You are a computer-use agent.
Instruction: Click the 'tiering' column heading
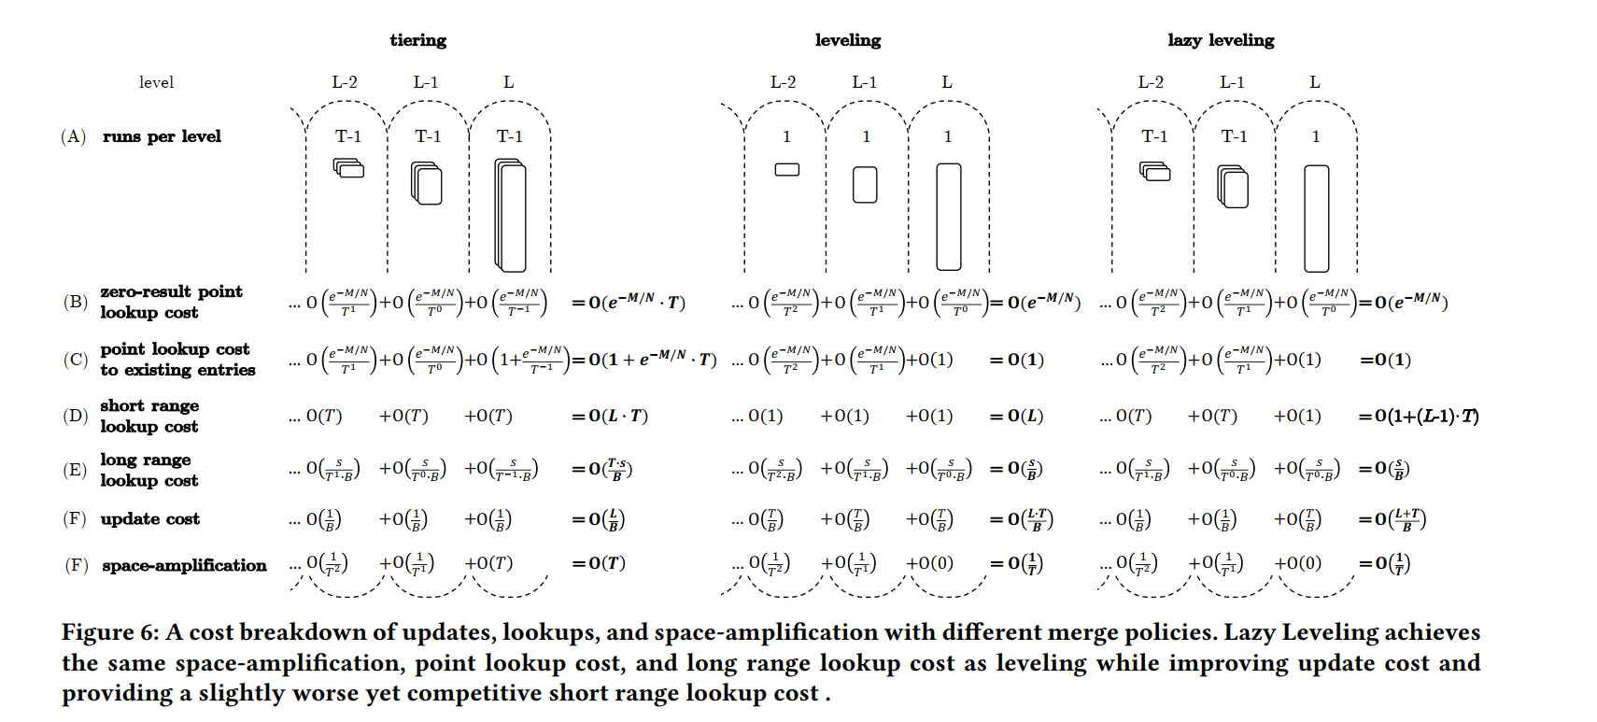[x=417, y=40]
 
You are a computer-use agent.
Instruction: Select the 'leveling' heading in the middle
[x=847, y=40]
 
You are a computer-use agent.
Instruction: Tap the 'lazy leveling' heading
[x=1220, y=40]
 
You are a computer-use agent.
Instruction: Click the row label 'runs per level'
[x=162, y=136]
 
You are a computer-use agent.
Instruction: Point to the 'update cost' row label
[x=150, y=518]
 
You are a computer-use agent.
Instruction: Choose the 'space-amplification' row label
[x=184, y=565]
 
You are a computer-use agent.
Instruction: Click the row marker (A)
[x=74, y=136]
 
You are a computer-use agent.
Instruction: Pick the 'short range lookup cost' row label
[x=149, y=416]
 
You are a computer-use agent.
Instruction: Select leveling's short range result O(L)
[x=1016, y=416]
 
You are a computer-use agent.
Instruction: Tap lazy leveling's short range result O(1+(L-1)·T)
[x=1419, y=416]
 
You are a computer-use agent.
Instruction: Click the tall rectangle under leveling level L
[x=948, y=217]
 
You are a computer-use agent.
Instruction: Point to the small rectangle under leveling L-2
[x=787, y=169]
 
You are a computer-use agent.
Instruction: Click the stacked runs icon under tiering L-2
[x=348, y=168]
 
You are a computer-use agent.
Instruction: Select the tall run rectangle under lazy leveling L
[x=1316, y=218]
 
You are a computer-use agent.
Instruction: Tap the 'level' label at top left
[x=156, y=82]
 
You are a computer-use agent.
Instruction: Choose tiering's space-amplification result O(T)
[x=599, y=563]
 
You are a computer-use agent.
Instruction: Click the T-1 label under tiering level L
[x=509, y=136]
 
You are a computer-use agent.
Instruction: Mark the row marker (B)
[x=75, y=302]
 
